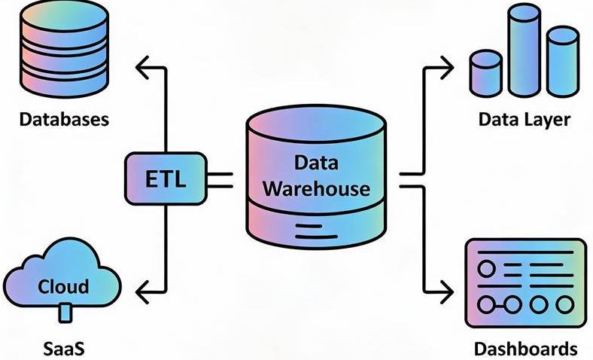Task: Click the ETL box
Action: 163,178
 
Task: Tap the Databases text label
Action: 64,119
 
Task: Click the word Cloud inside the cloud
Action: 63,286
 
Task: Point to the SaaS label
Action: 63,349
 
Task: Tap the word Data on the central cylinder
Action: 316,162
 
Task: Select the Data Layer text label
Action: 525,119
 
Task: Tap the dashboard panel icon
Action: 525,284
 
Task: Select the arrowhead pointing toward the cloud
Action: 141,289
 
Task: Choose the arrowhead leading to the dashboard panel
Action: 449,289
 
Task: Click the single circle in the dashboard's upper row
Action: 487,269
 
